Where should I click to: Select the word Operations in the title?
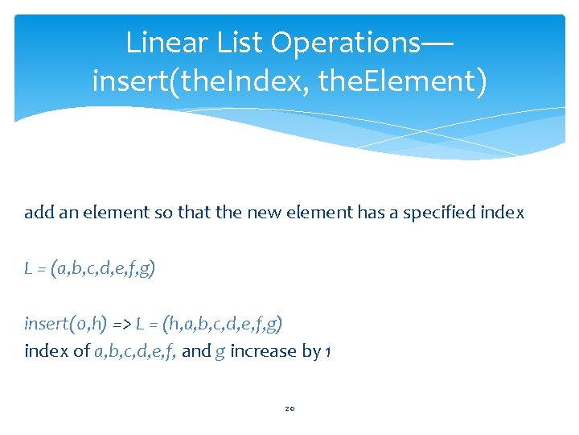(347, 43)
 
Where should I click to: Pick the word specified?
(446, 213)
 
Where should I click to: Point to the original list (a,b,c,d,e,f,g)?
(102, 268)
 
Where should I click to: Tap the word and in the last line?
(195, 351)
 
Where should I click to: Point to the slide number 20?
(289, 408)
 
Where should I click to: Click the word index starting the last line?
(42, 351)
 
